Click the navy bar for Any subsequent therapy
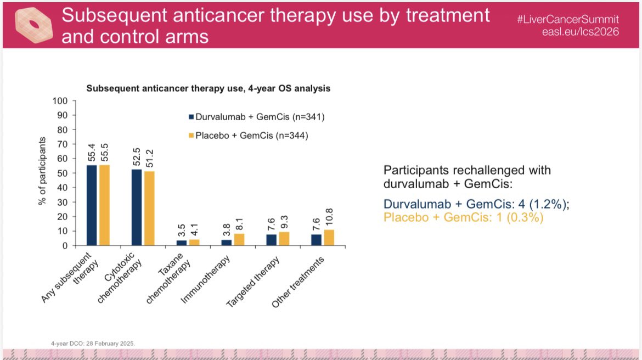pos(92,205)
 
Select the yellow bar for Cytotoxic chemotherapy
pos(149,209)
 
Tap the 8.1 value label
pos(239,221)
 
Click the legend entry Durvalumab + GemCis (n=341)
pos(254,116)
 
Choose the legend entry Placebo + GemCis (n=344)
pos(249,136)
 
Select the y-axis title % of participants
pos(42,171)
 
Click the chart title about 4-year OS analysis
pos(207,88)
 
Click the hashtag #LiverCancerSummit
pos(567,19)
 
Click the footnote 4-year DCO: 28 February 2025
pos(92,343)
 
